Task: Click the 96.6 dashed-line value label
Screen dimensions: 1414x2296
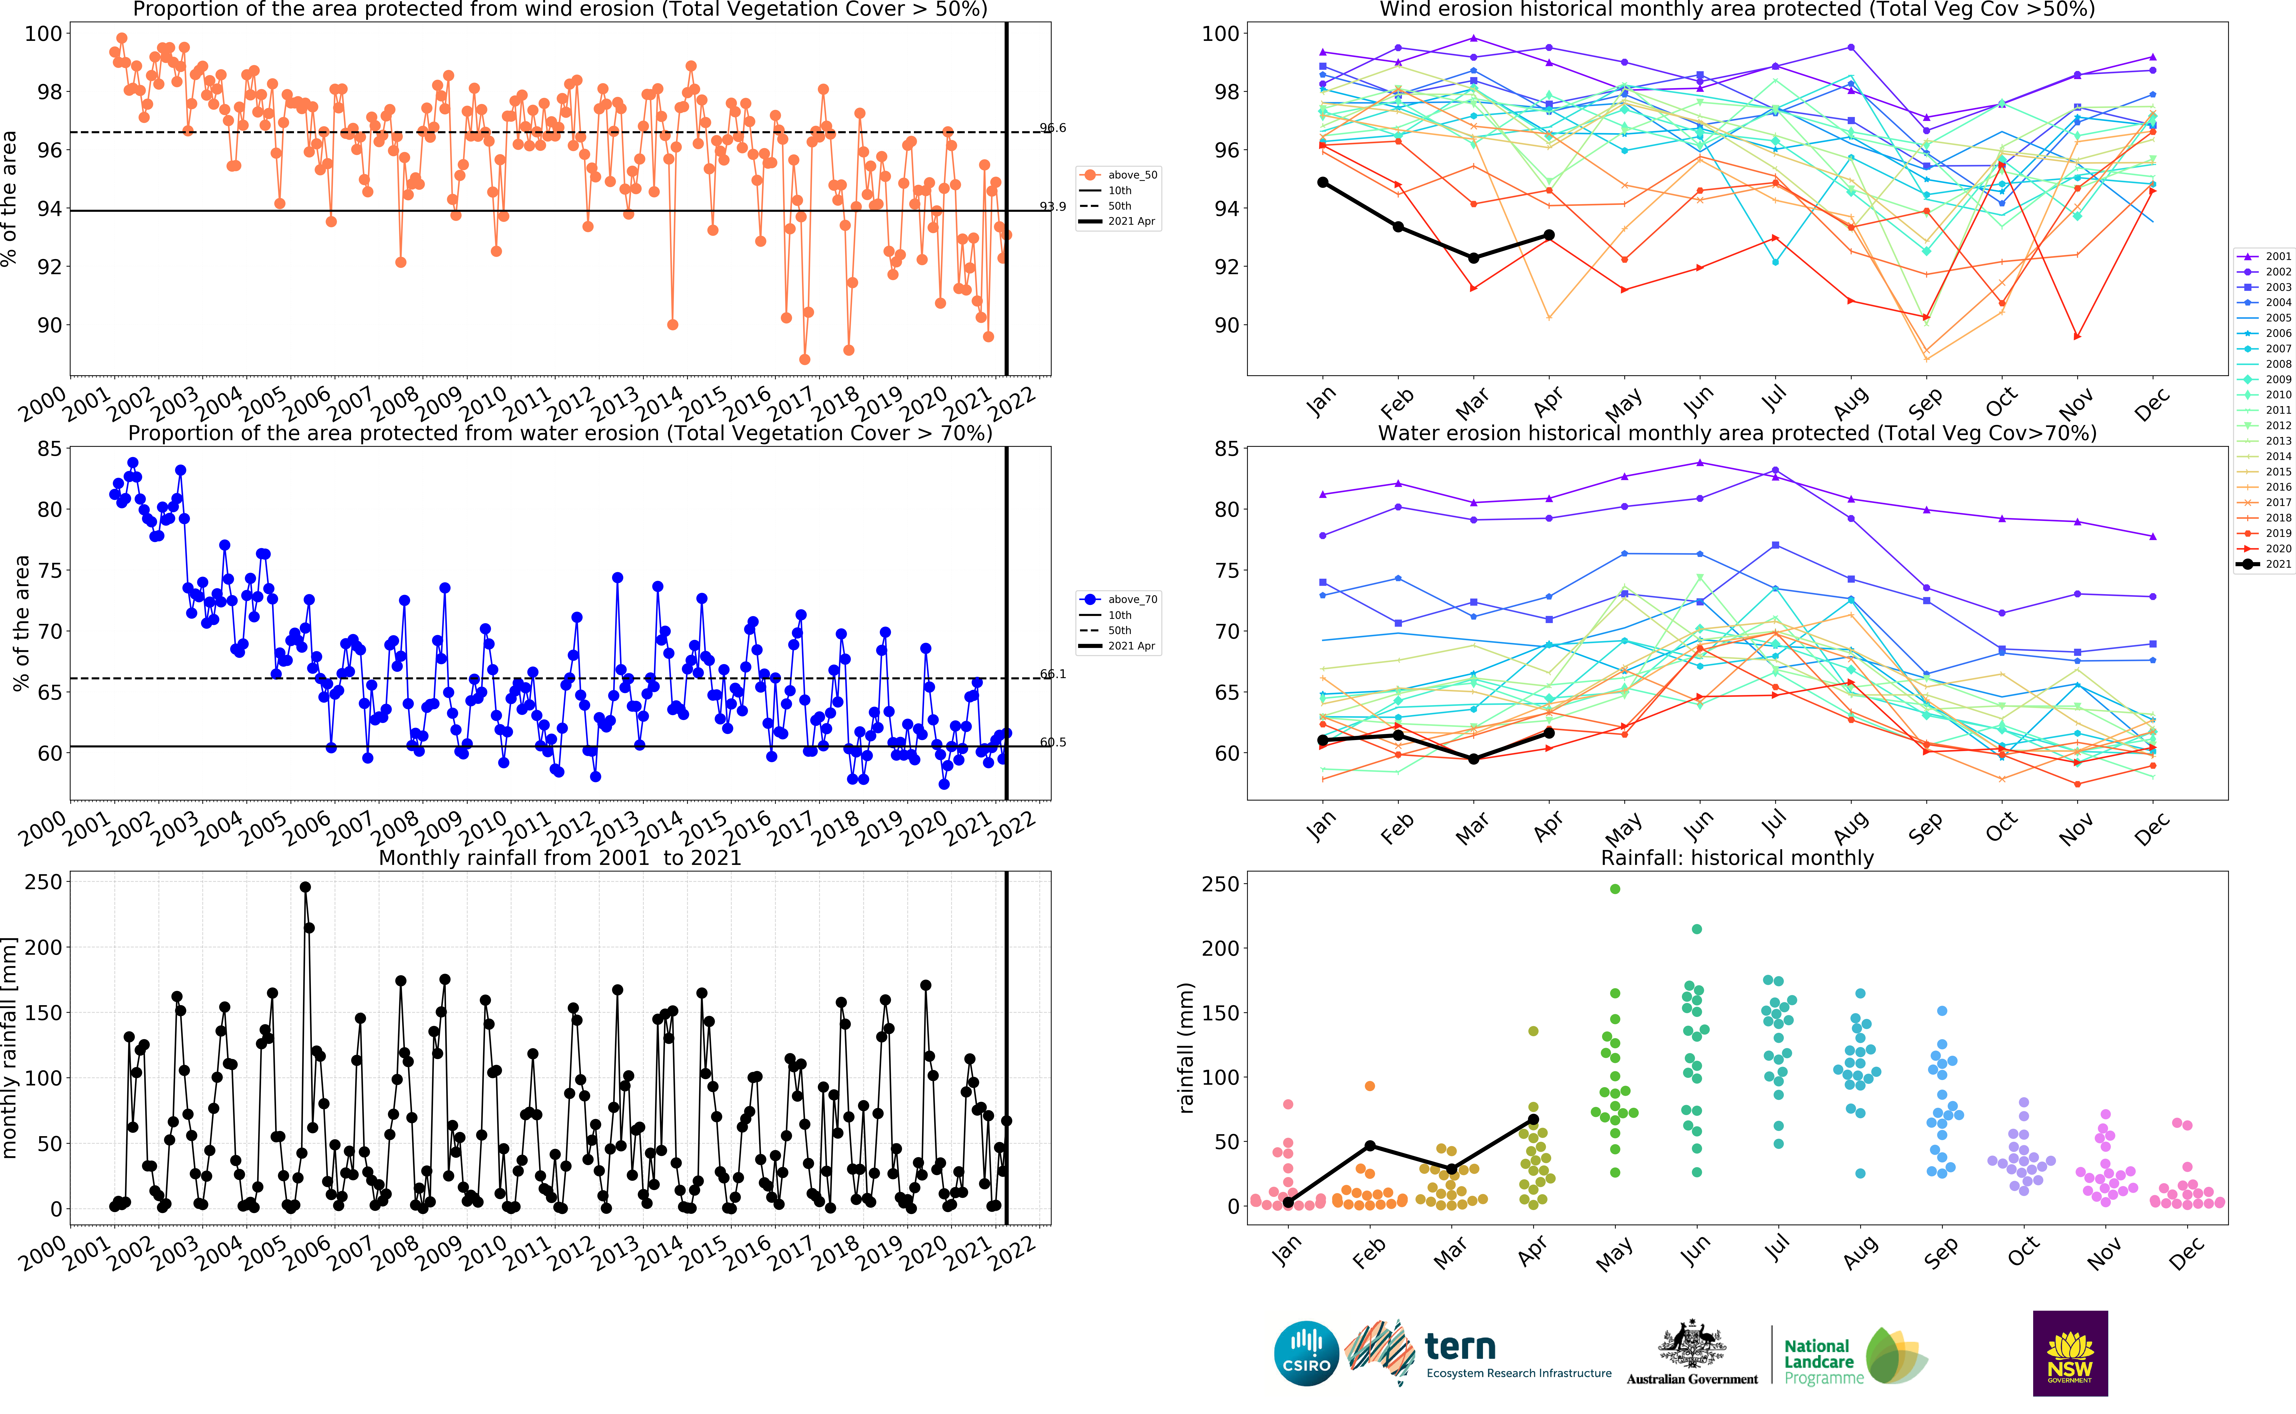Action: tap(1053, 128)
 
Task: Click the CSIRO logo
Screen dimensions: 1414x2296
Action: tap(1306, 1353)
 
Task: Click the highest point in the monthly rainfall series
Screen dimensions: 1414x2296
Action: tap(305, 887)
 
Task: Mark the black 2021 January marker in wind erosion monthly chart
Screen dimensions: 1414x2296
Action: tap(1322, 182)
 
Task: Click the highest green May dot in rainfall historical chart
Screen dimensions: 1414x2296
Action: tap(1615, 889)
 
